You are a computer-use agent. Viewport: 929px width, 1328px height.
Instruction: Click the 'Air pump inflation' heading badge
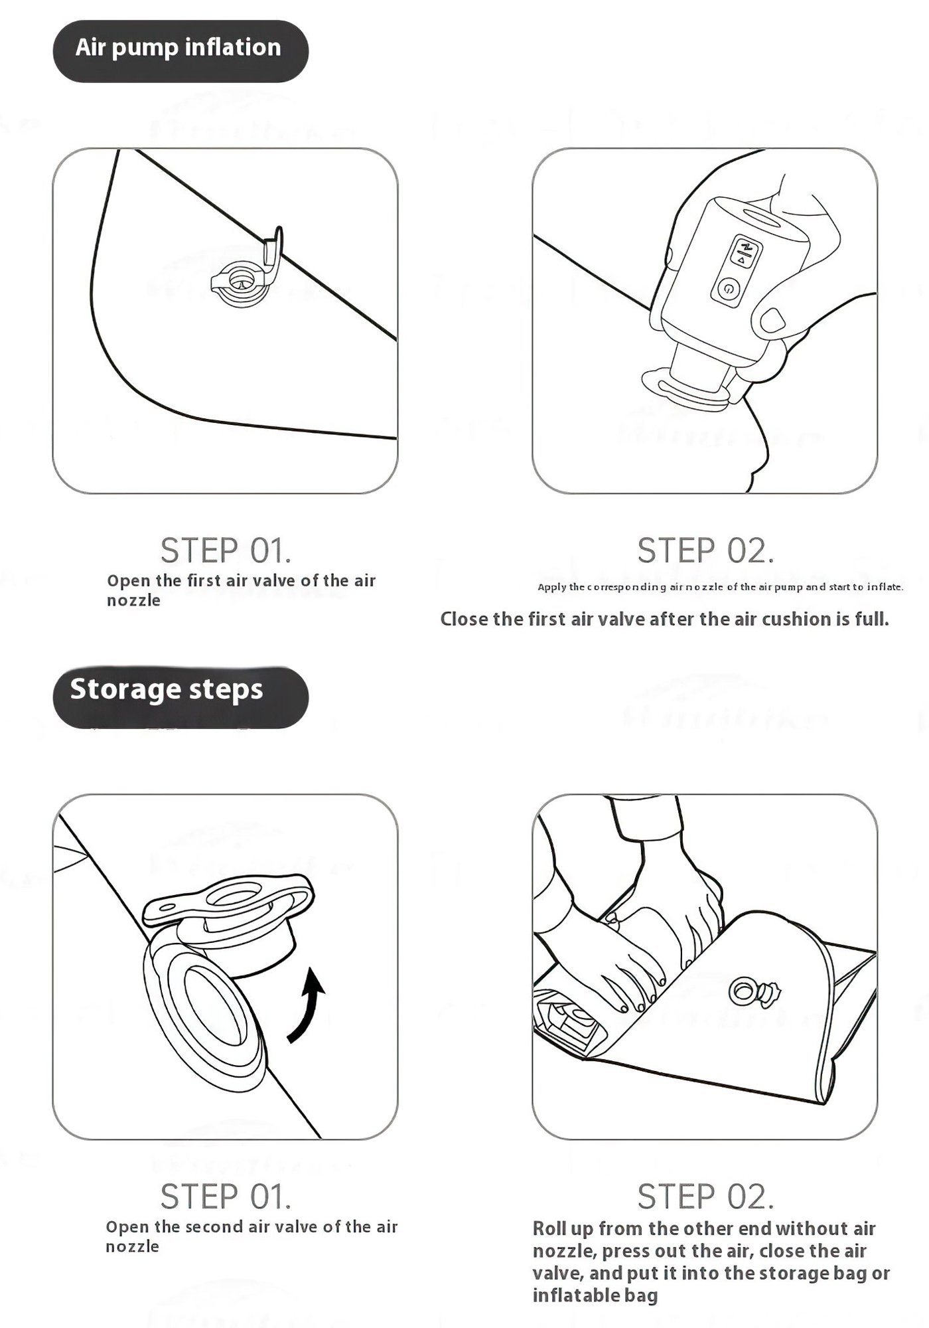pyautogui.click(x=180, y=51)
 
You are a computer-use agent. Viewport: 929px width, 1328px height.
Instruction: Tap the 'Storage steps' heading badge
pyautogui.click(x=180, y=697)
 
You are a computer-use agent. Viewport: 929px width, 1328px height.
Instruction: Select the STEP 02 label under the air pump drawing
pyautogui.click(x=705, y=550)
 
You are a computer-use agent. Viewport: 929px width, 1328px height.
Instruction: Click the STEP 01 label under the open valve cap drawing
pyautogui.click(x=226, y=1197)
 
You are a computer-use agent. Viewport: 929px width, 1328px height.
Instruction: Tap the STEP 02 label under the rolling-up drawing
pyautogui.click(x=705, y=1197)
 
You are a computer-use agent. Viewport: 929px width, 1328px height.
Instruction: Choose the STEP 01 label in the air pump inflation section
pyautogui.click(x=226, y=550)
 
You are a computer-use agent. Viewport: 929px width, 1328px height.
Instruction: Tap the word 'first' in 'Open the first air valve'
pyautogui.click(x=204, y=580)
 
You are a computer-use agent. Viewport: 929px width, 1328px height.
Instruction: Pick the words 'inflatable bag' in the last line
pyautogui.click(x=595, y=1295)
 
